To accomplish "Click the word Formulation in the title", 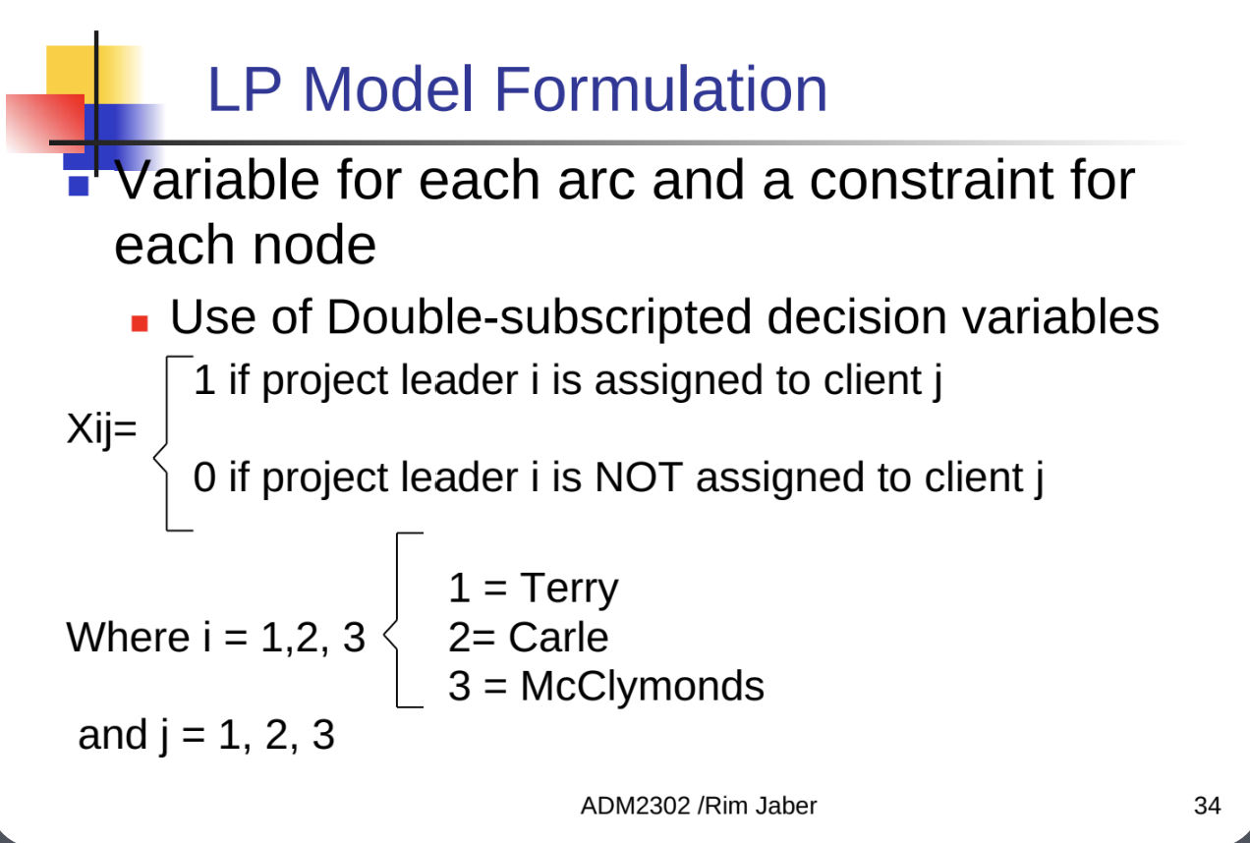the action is point(660,89).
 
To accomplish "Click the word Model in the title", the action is point(388,89).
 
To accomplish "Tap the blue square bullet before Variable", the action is point(79,187).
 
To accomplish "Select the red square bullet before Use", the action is point(140,323).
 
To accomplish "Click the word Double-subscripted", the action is point(540,318).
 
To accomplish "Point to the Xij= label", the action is point(101,429).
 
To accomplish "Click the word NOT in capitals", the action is point(639,478).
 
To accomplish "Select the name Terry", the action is point(569,590).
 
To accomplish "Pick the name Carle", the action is point(558,637).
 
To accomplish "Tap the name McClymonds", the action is point(643,686).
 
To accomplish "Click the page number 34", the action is point(1208,806).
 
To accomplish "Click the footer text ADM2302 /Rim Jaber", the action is point(699,806).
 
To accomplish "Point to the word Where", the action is point(129,637).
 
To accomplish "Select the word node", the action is point(314,246).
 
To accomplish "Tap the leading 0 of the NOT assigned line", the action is point(204,478).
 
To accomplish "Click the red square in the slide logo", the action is point(45,123).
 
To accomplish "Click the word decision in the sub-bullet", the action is point(857,318).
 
